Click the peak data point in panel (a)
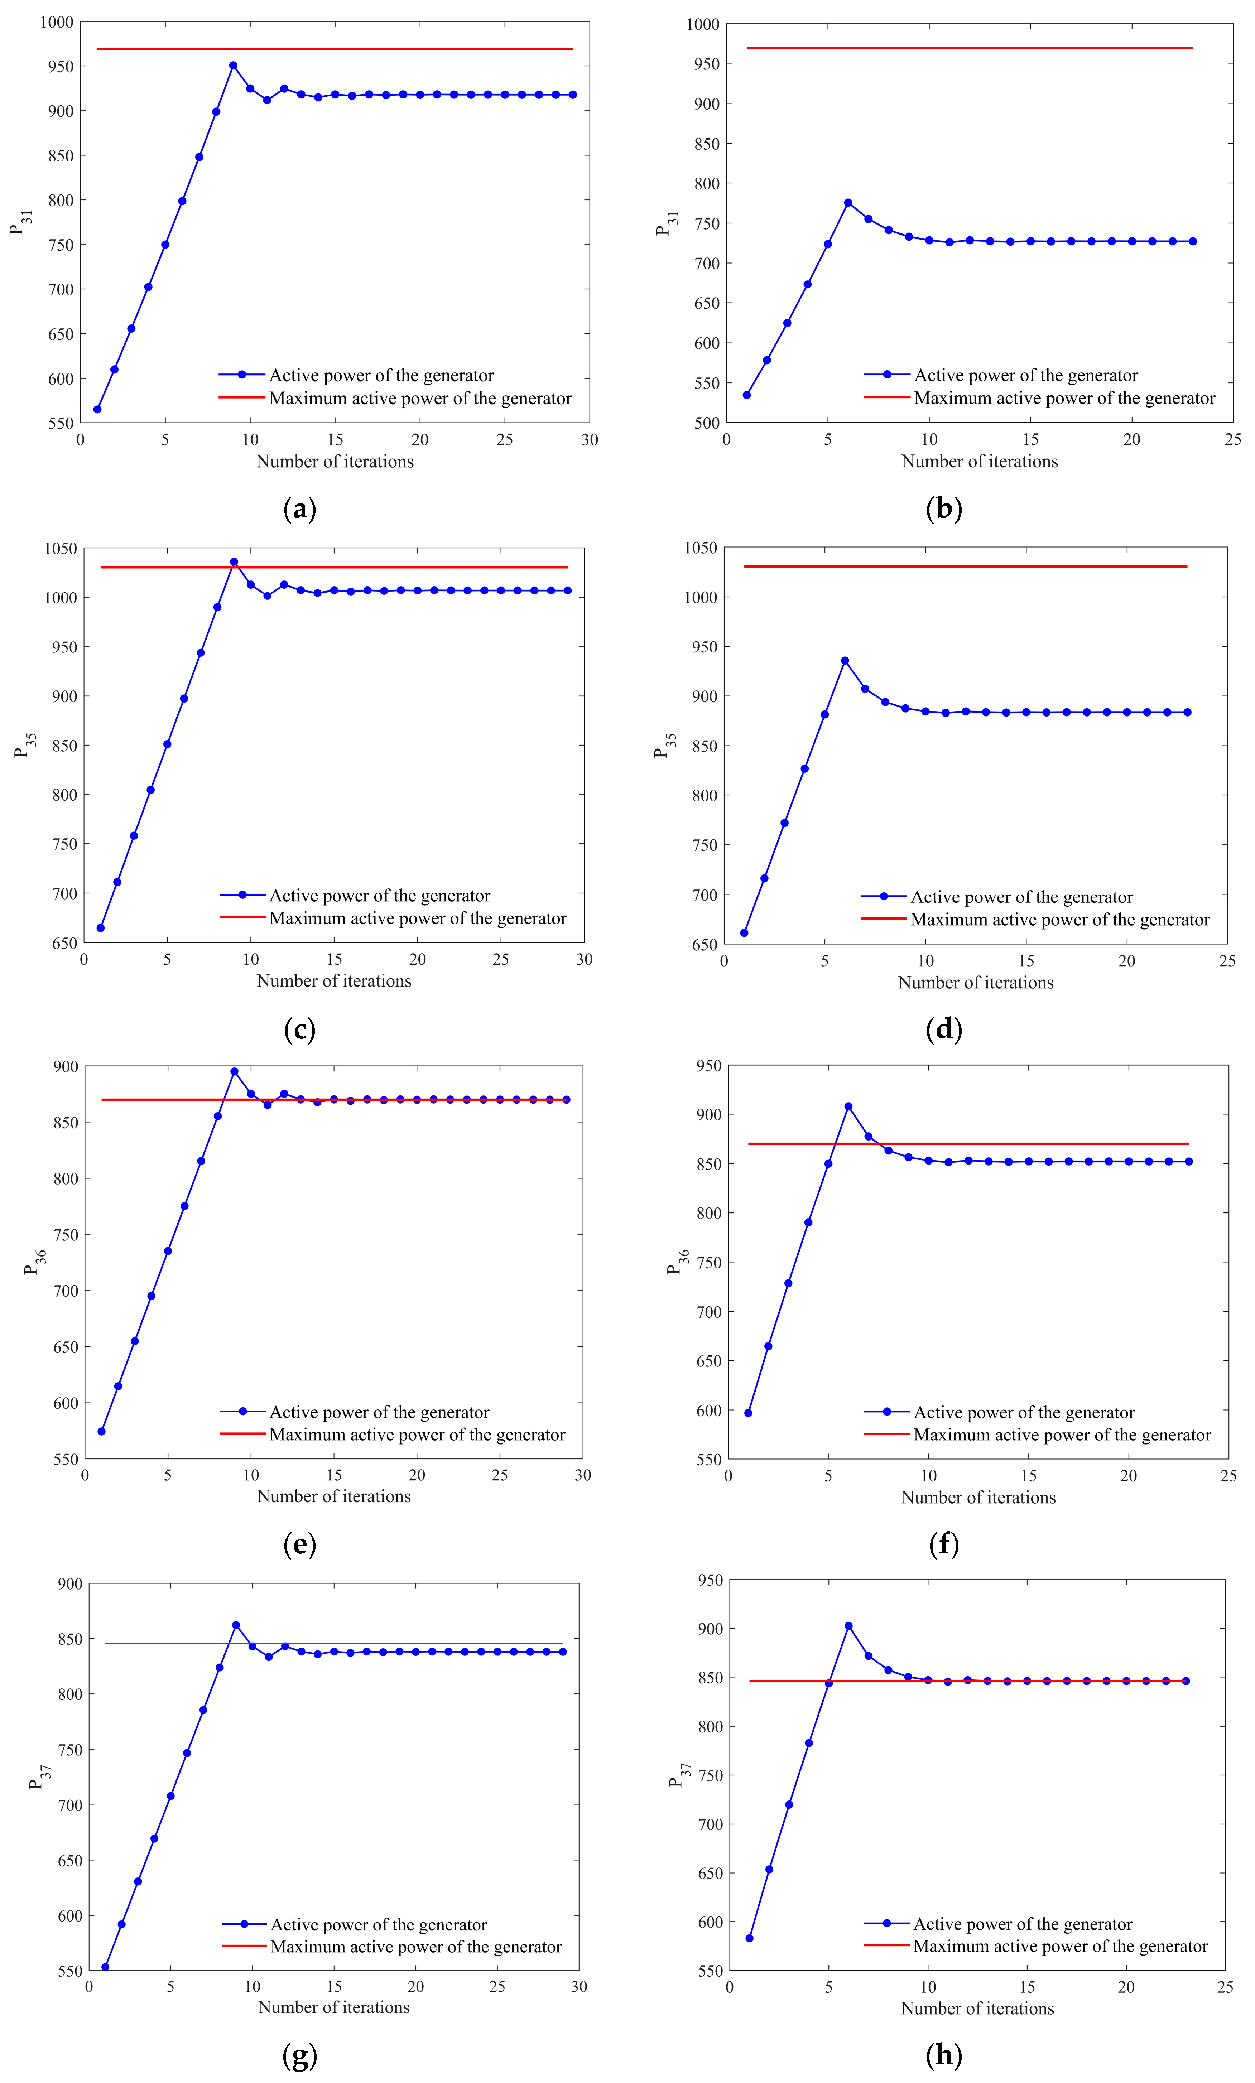pyautogui.click(x=234, y=65)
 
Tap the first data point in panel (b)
pyautogui.click(x=747, y=395)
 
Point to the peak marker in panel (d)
pyautogui.click(x=845, y=660)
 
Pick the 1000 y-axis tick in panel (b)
pyautogui.click(x=703, y=24)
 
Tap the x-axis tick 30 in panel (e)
pyautogui.click(x=583, y=1475)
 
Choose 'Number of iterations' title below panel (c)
pyautogui.click(x=334, y=981)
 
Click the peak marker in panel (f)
pyautogui.click(x=848, y=1106)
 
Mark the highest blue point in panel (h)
pyautogui.click(x=848, y=1626)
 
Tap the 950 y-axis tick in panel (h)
pyautogui.click(x=709, y=1580)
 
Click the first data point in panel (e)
pyautogui.click(x=101, y=1431)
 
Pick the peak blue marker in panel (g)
pyautogui.click(x=236, y=1625)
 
